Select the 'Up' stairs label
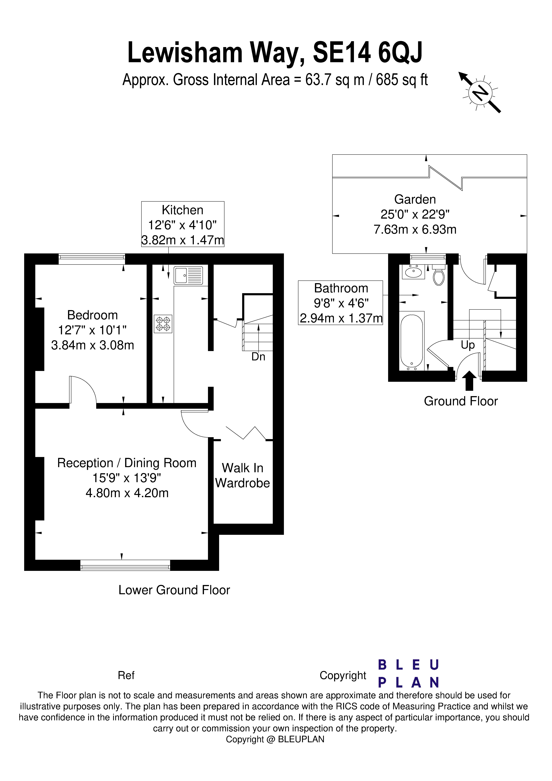[468, 345]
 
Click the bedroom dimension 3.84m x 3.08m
[93, 345]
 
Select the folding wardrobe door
[246, 433]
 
